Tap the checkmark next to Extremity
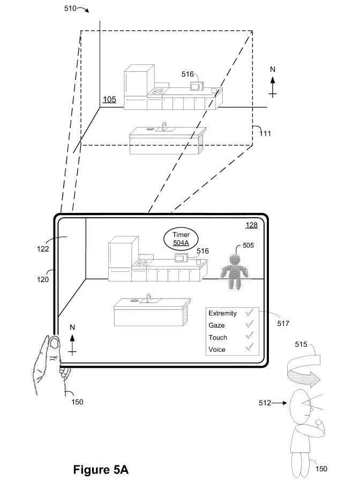click(x=250, y=313)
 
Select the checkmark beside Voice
click(x=250, y=347)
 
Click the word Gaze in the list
click(x=216, y=325)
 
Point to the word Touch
click(x=218, y=337)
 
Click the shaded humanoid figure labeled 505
click(x=235, y=272)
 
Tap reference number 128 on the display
click(x=252, y=225)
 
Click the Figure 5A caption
click(x=101, y=470)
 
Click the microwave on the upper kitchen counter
click(x=197, y=86)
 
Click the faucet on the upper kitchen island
click(x=164, y=126)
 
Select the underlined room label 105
click(x=109, y=100)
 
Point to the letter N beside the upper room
click(x=273, y=69)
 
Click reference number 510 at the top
click(x=70, y=8)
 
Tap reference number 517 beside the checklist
click(x=283, y=323)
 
